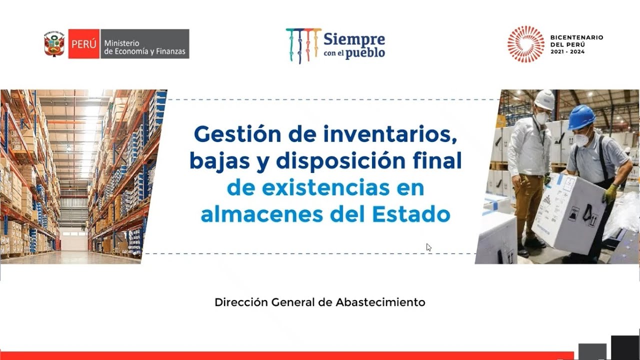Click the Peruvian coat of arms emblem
pos(54,44)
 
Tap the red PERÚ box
pos(83,44)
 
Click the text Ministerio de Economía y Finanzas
pos(144,47)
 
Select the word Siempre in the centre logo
pos(354,39)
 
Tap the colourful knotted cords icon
pos(303,45)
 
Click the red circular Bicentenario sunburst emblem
pos(525,44)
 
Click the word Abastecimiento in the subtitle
pos(380,302)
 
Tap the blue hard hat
pos(581,117)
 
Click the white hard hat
pos(544,99)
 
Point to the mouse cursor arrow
pos(428,247)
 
